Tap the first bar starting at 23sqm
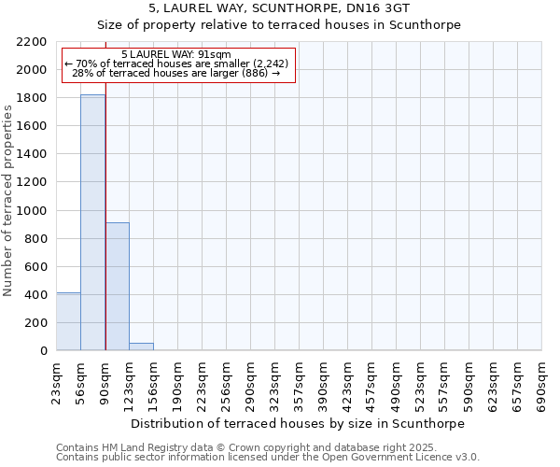click(68, 321)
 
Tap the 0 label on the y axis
click(44, 351)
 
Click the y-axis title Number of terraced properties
click(9, 200)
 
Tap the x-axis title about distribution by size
click(298, 423)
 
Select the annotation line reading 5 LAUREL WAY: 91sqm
click(176, 55)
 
